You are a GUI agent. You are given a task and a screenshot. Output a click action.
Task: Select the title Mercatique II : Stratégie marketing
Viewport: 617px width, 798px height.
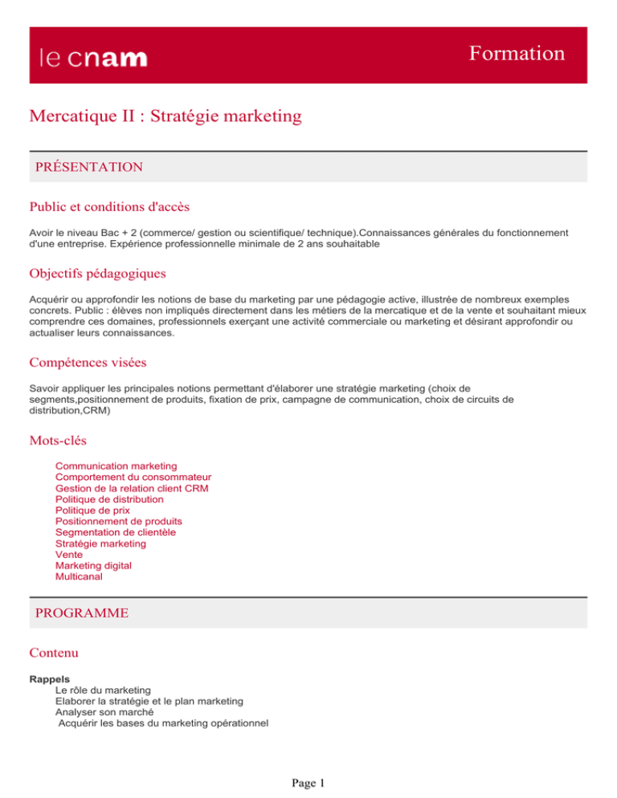click(x=165, y=117)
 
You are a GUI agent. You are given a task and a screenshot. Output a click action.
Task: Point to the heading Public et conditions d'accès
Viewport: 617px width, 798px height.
click(x=108, y=207)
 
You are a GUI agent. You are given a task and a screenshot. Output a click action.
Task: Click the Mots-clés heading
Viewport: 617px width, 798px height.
click(x=57, y=440)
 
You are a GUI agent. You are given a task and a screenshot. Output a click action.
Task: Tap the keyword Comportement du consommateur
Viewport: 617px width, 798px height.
click(x=133, y=477)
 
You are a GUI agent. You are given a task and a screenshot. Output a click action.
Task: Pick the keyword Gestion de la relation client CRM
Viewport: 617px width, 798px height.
click(x=132, y=488)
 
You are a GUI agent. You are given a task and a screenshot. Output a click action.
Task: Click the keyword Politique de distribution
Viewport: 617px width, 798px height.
click(x=109, y=499)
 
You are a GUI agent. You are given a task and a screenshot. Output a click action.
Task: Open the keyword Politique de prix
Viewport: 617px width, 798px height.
click(x=92, y=510)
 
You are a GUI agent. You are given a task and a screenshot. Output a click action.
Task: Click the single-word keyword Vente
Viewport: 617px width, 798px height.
click(x=68, y=555)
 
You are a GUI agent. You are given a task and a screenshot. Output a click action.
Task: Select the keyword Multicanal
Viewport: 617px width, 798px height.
click(x=79, y=576)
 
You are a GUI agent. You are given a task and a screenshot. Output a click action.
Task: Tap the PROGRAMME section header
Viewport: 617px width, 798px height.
click(x=81, y=613)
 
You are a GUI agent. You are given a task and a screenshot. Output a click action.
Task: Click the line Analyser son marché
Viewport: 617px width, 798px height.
click(x=104, y=711)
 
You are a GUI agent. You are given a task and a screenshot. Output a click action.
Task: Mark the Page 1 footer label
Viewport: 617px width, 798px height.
click(x=308, y=782)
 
